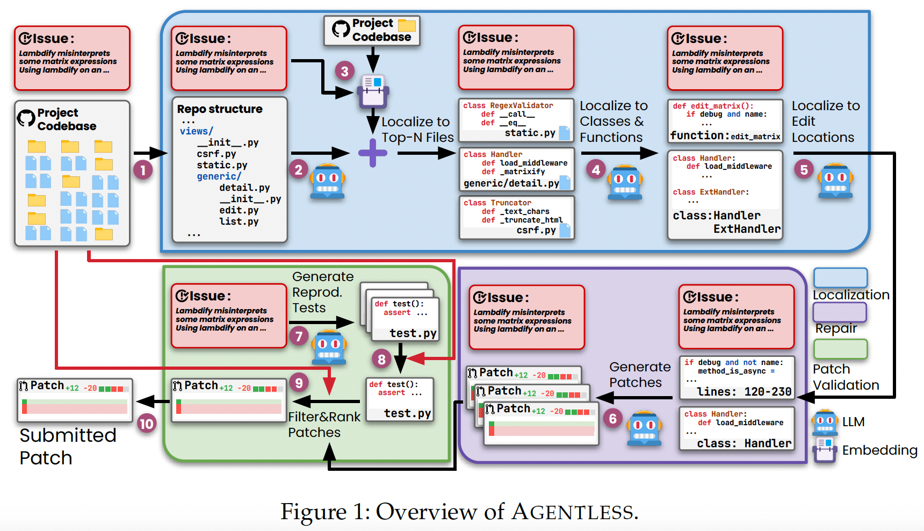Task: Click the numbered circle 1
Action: coord(143,170)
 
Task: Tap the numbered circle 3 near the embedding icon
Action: coord(344,71)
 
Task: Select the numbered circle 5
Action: coord(804,170)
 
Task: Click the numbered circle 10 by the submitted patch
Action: coord(146,424)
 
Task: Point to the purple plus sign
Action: coord(373,153)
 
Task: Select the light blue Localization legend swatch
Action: coord(840,278)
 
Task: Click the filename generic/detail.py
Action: coord(511,183)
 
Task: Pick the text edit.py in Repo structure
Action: coord(239,210)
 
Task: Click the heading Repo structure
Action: coord(220,109)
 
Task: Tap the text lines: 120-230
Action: coord(744,392)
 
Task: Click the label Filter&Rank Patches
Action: coord(324,425)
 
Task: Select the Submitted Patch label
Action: coord(68,446)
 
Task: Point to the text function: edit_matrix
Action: coord(725,136)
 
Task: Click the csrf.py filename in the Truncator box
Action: coord(536,230)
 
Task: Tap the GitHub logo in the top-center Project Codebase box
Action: coord(341,29)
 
